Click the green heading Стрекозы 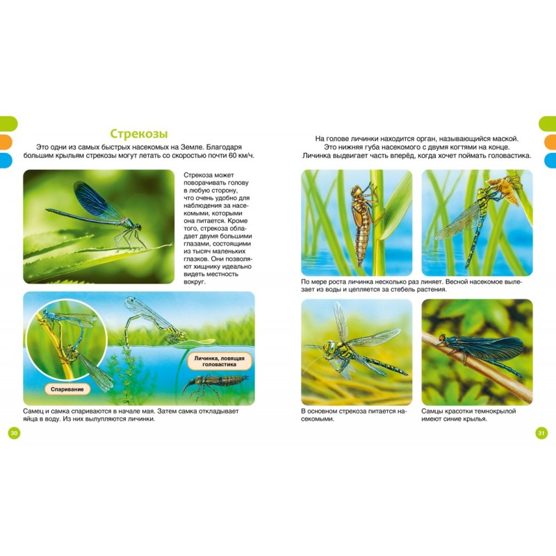pos(138,133)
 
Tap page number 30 pos(14,433)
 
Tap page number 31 pos(541,433)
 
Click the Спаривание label pos(67,389)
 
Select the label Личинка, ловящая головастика pos(219,361)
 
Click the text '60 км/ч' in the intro pos(241,155)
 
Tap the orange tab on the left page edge pos(6,142)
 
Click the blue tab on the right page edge pos(550,160)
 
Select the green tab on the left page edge pos(8,124)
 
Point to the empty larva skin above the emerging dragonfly pos(505,190)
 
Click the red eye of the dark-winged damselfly pos(442,337)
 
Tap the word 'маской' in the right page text pos(505,138)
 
